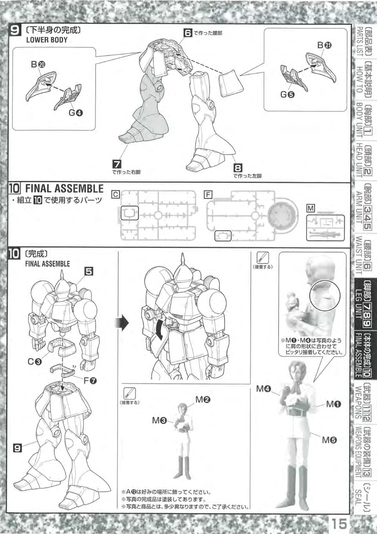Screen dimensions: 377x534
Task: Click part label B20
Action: coord(38,64)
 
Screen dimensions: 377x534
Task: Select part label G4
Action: coord(76,112)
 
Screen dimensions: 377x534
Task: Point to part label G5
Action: coord(287,95)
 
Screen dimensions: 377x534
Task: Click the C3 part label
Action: coord(35,362)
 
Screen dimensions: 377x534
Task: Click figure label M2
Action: coord(203,400)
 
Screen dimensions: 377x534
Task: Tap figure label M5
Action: coord(330,440)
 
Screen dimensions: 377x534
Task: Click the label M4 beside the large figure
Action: coord(264,389)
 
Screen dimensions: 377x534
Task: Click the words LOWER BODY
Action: coord(47,40)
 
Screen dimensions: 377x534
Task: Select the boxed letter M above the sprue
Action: coord(311,209)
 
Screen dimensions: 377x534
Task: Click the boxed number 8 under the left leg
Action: coord(238,168)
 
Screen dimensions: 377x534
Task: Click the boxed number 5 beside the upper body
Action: coord(89,272)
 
